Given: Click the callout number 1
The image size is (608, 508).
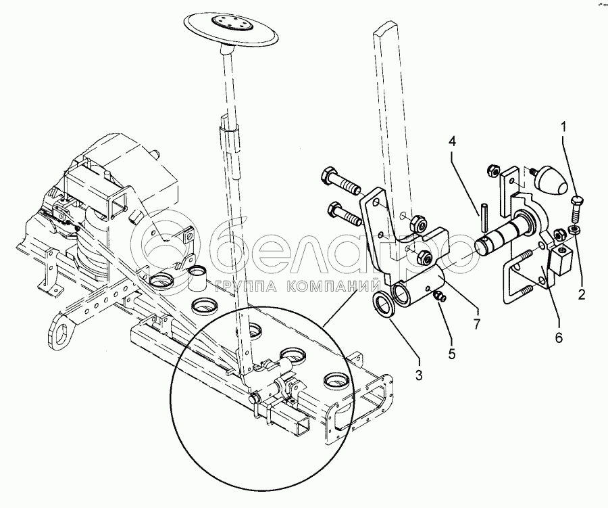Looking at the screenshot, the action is click(565, 126).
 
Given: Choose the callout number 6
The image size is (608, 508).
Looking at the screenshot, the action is click(557, 336).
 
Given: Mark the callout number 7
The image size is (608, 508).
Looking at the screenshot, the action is click(478, 323).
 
